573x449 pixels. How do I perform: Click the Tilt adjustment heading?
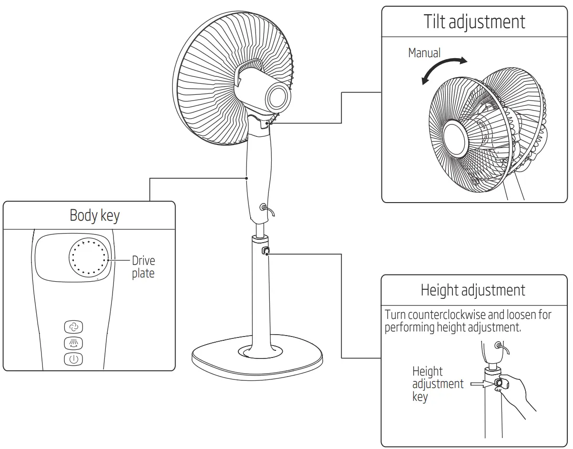pyautogui.click(x=474, y=22)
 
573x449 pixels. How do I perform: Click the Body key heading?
pyautogui.click(x=94, y=215)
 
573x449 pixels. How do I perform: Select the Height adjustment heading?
pyautogui.click(x=473, y=290)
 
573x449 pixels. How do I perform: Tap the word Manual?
pyautogui.click(x=424, y=53)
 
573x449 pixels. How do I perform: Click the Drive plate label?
pyautogui.click(x=143, y=267)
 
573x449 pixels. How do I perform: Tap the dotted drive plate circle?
pyautogui.click(x=90, y=257)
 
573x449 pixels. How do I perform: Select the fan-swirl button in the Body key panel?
pyautogui.click(x=73, y=327)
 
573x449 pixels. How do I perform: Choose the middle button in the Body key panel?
pyautogui.click(x=73, y=343)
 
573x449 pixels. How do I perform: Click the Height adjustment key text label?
pyautogui.click(x=437, y=384)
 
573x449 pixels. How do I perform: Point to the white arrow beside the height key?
pyautogui.click(x=481, y=383)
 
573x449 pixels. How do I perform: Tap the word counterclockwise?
pyautogui.click(x=446, y=315)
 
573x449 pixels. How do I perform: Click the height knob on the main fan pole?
pyautogui.click(x=265, y=251)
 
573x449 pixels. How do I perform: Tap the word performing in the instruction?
pyautogui.click(x=409, y=327)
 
